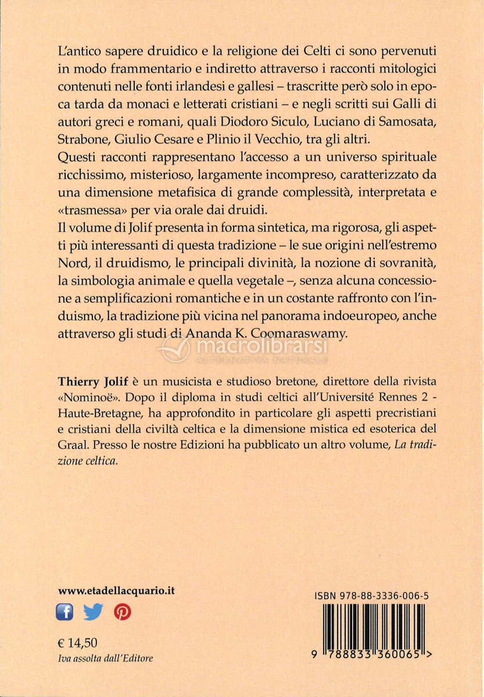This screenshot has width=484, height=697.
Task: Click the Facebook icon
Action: pos(64,612)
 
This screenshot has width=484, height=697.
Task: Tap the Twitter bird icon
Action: pos(93,612)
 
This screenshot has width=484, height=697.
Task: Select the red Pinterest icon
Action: pos(122,612)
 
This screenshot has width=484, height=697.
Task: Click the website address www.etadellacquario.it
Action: pos(117,590)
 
